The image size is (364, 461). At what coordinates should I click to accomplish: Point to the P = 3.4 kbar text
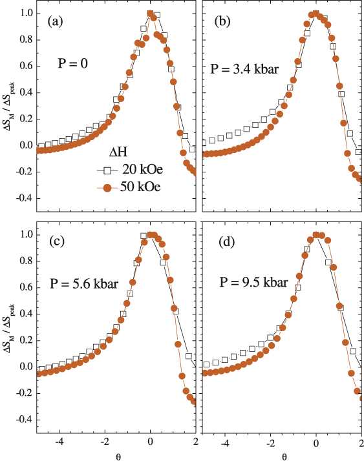(244, 68)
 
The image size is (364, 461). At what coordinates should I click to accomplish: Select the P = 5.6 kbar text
(83, 282)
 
